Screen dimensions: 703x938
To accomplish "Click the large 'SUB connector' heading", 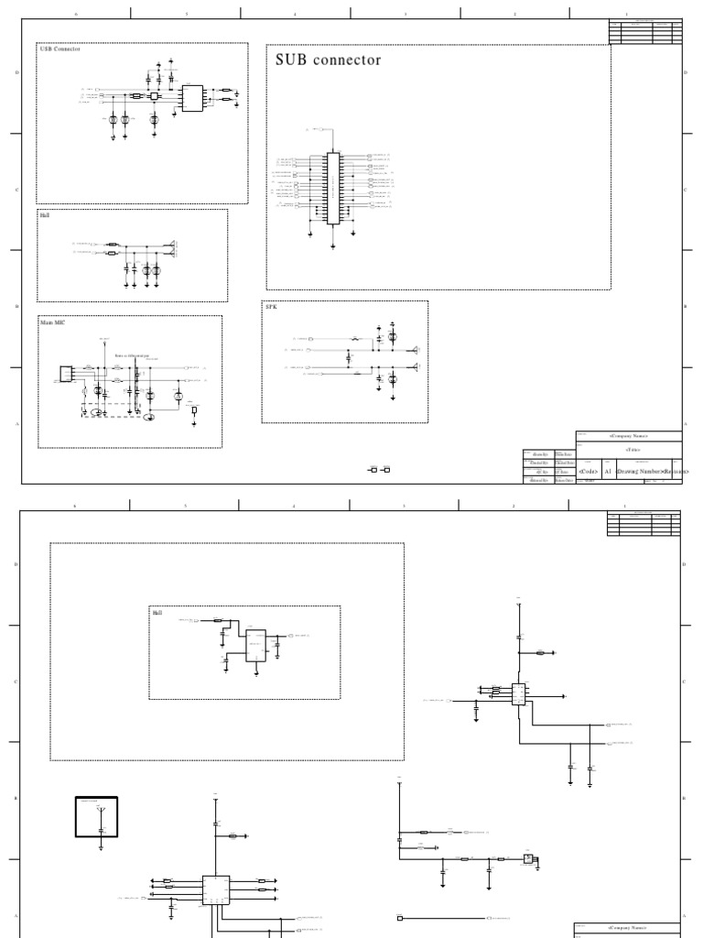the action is pos(328,60).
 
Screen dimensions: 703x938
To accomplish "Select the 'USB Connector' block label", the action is pos(60,49).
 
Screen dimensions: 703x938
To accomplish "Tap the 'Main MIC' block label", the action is pos(53,322).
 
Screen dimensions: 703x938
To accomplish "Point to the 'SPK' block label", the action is pos(270,308).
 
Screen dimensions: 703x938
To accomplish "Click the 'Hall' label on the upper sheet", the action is pos(45,215).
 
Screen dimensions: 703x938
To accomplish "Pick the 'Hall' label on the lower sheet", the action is pos(157,612).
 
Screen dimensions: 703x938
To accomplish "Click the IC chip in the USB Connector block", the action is pos(193,98).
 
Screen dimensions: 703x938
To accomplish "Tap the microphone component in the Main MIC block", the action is pos(66,374).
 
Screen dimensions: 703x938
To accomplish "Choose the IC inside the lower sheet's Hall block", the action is pos(256,643).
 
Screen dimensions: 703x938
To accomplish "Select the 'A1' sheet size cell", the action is pos(608,471).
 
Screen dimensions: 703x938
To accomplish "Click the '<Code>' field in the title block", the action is pos(589,471).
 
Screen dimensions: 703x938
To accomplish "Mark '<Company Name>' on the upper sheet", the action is pos(629,437).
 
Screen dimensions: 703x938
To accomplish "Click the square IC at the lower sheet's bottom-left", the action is pos(216,890).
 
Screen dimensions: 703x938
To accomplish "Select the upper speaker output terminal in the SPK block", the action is pos(416,349).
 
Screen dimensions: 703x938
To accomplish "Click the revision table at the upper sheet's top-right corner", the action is pos(644,32).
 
